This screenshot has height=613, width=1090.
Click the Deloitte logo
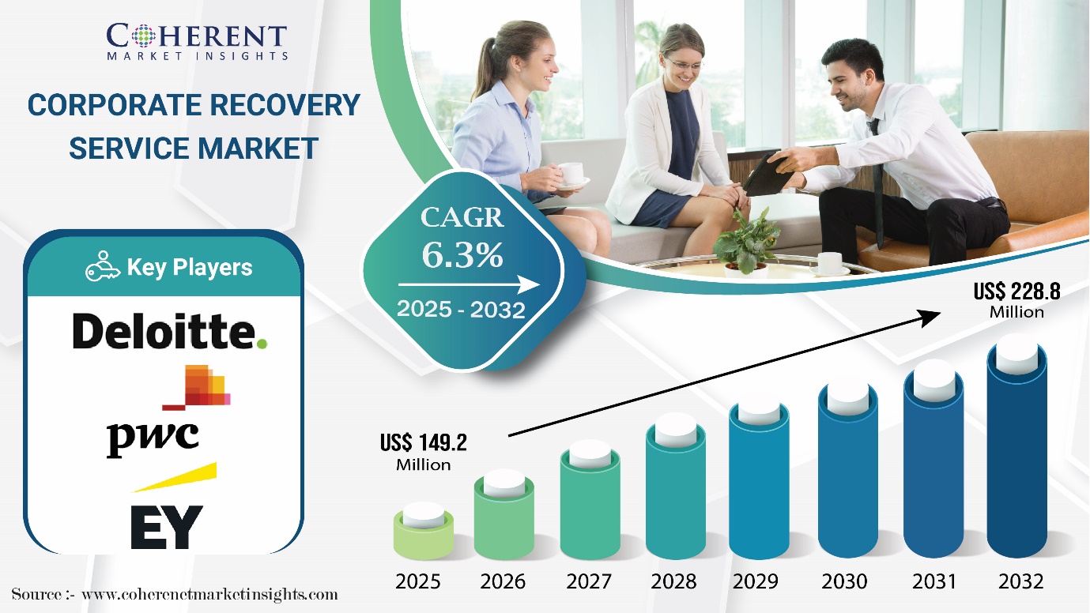tap(170, 331)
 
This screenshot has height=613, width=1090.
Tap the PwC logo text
tap(153, 438)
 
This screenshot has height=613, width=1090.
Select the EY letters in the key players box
tap(167, 527)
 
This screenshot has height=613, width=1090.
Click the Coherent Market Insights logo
tap(197, 42)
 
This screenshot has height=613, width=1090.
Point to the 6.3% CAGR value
tap(462, 254)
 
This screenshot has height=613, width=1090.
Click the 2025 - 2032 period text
tap(461, 309)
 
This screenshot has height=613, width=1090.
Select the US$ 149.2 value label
tap(424, 452)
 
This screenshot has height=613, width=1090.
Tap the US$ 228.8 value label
tap(1016, 300)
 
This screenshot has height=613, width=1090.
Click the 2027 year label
tap(589, 581)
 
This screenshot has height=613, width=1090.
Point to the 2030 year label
tap(844, 581)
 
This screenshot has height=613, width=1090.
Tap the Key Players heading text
tap(189, 267)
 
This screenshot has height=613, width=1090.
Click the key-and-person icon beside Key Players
tap(102, 266)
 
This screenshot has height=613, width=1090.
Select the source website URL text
tap(209, 594)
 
